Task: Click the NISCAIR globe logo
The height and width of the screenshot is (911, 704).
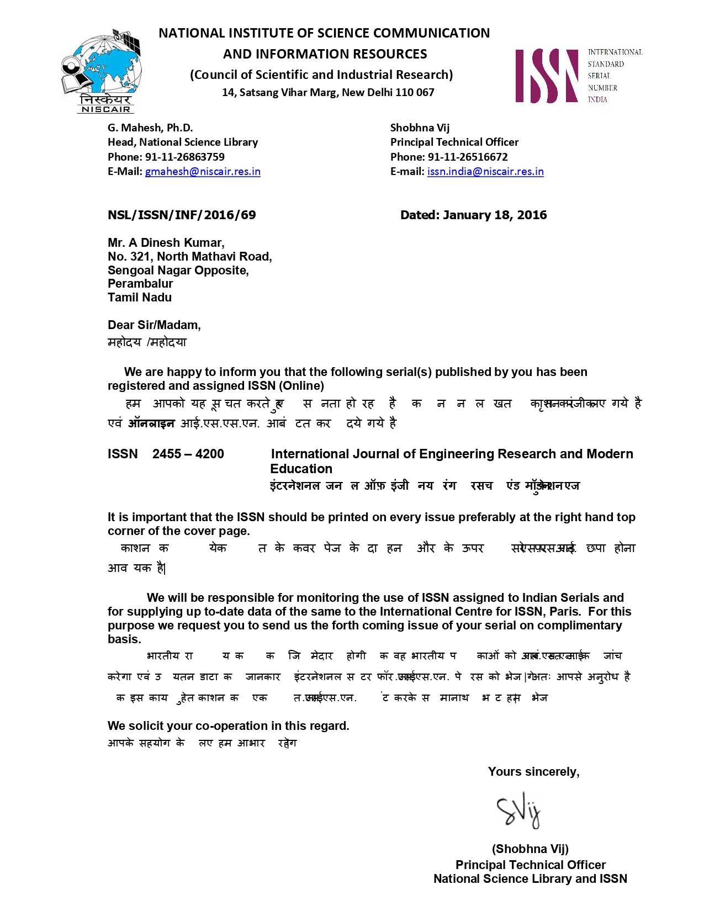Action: [x=102, y=69]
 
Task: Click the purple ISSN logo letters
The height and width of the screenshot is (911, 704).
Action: [x=547, y=76]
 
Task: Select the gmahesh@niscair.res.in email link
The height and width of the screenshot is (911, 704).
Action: [x=203, y=172]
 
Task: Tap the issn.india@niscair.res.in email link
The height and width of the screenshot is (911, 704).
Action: [x=485, y=172]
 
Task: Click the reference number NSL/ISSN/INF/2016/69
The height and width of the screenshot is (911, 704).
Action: [x=182, y=215]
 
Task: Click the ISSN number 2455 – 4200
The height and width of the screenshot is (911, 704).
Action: [x=188, y=454]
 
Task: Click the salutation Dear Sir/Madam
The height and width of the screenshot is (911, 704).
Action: [x=154, y=325]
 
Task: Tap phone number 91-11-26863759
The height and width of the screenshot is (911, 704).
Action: [x=185, y=157]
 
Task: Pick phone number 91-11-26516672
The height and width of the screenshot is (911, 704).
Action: [x=468, y=157]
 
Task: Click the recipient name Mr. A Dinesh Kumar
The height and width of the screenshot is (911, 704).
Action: [x=166, y=243]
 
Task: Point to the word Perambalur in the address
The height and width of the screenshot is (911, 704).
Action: [x=140, y=284]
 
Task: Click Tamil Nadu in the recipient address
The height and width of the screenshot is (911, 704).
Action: [x=140, y=298]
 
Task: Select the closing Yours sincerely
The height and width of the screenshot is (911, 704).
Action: [x=533, y=772]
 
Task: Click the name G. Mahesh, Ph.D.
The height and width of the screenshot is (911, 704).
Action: [x=150, y=128]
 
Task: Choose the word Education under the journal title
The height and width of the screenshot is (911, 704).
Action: [x=301, y=469]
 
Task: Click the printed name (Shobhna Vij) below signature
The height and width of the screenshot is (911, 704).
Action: [x=530, y=849]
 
